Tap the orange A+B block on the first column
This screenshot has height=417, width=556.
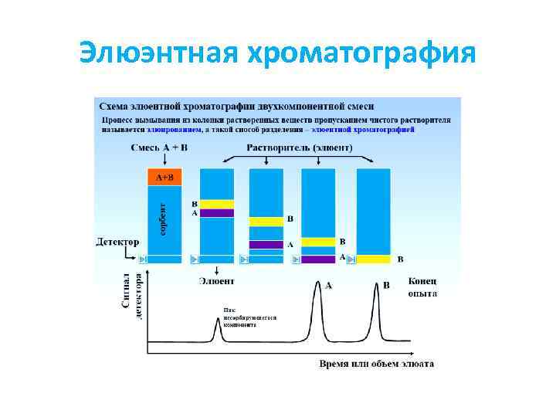(x=164, y=177)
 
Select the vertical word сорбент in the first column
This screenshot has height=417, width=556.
(x=162, y=219)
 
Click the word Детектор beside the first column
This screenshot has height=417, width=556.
(x=117, y=241)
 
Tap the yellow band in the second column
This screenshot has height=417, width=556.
(x=217, y=204)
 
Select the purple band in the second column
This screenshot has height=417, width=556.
(x=217, y=213)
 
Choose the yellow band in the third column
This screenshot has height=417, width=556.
(x=266, y=222)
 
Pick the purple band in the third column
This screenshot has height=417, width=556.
(x=266, y=245)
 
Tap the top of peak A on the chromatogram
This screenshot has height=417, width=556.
(x=317, y=283)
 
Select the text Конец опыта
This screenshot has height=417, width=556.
(x=422, y=287)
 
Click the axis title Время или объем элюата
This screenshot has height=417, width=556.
(x=376, y=363)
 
